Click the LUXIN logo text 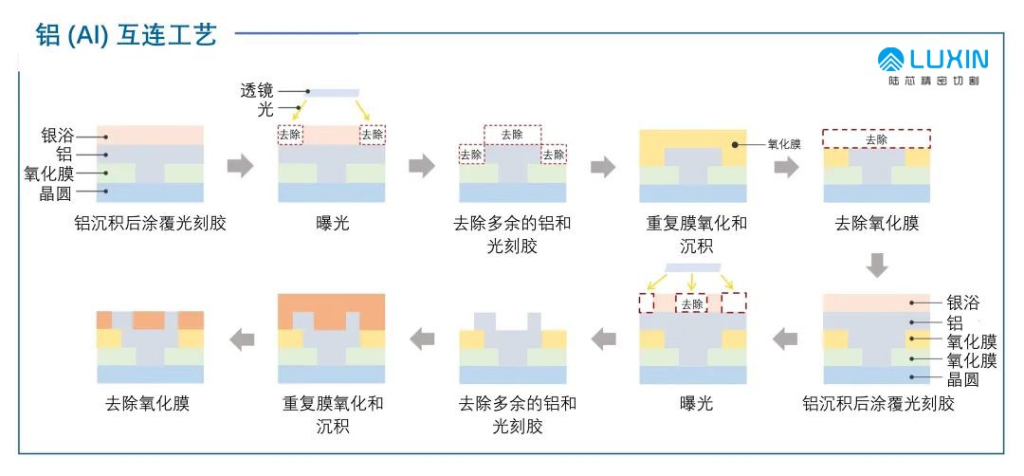tap(947, 60)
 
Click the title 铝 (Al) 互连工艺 tap(126, 36)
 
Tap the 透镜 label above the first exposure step tap(257, 91)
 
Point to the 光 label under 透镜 tap(265, 110)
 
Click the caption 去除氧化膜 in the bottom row tap(147, 404)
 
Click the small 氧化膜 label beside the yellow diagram tap(784, 145)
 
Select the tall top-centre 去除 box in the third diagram tap(512, 134)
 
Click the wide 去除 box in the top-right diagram tap(876, 138)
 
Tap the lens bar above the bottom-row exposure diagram tap(694, 267)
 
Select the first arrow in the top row tap(241, 167)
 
